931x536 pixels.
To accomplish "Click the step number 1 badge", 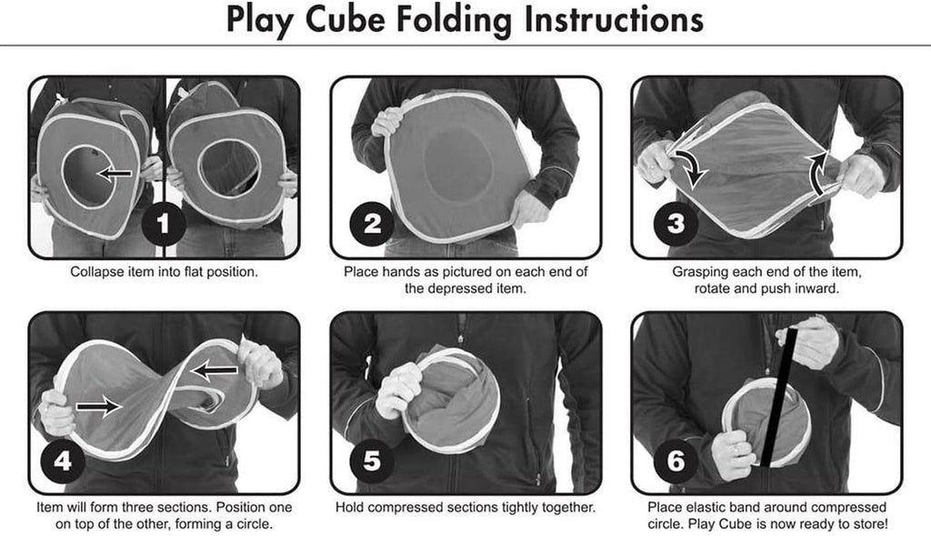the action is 164,224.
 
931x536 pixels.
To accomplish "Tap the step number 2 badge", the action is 372,224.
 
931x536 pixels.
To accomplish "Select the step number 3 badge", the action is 676,224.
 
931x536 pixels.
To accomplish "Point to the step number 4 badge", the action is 63,460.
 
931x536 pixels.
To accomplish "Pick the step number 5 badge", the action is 372,460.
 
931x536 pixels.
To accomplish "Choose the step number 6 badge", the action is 676,460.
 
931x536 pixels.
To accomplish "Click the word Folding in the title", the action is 454,20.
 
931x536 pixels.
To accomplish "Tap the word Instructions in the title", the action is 614,19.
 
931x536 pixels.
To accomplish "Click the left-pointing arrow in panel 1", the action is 115,174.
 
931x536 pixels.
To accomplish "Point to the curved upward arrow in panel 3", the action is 817,172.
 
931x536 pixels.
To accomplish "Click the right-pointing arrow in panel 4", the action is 98,406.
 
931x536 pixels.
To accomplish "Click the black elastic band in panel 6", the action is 778,397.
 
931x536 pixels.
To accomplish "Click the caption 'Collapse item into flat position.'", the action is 164,272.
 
